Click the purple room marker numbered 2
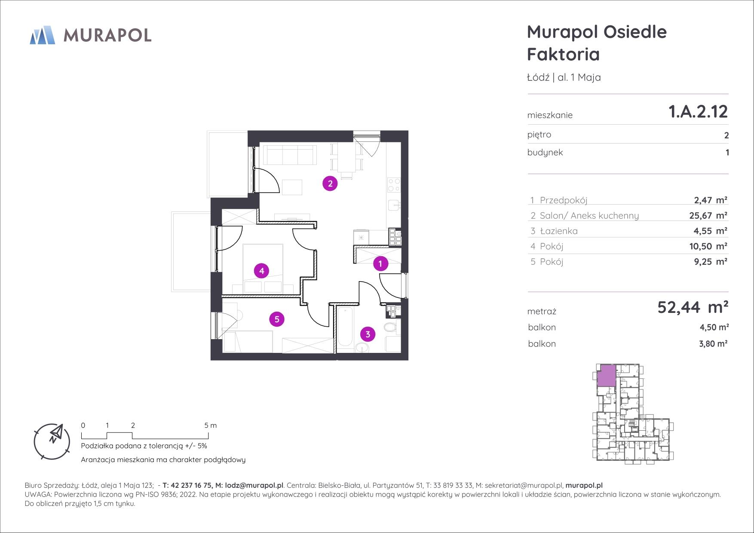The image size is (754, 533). (330, 184)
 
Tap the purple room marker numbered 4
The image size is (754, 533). (261, 271)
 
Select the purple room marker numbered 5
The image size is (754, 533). (277, 319)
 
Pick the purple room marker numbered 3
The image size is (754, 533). (368, 334)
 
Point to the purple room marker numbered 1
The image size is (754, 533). (380, 263)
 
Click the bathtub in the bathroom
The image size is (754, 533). (345, 328)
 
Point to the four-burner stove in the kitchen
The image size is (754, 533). (394, 185)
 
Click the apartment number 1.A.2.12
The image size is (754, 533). (698, 112)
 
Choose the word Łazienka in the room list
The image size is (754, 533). (559, 231)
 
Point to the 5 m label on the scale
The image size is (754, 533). (211, 426)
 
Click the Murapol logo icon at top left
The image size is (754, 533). (43, 35)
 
